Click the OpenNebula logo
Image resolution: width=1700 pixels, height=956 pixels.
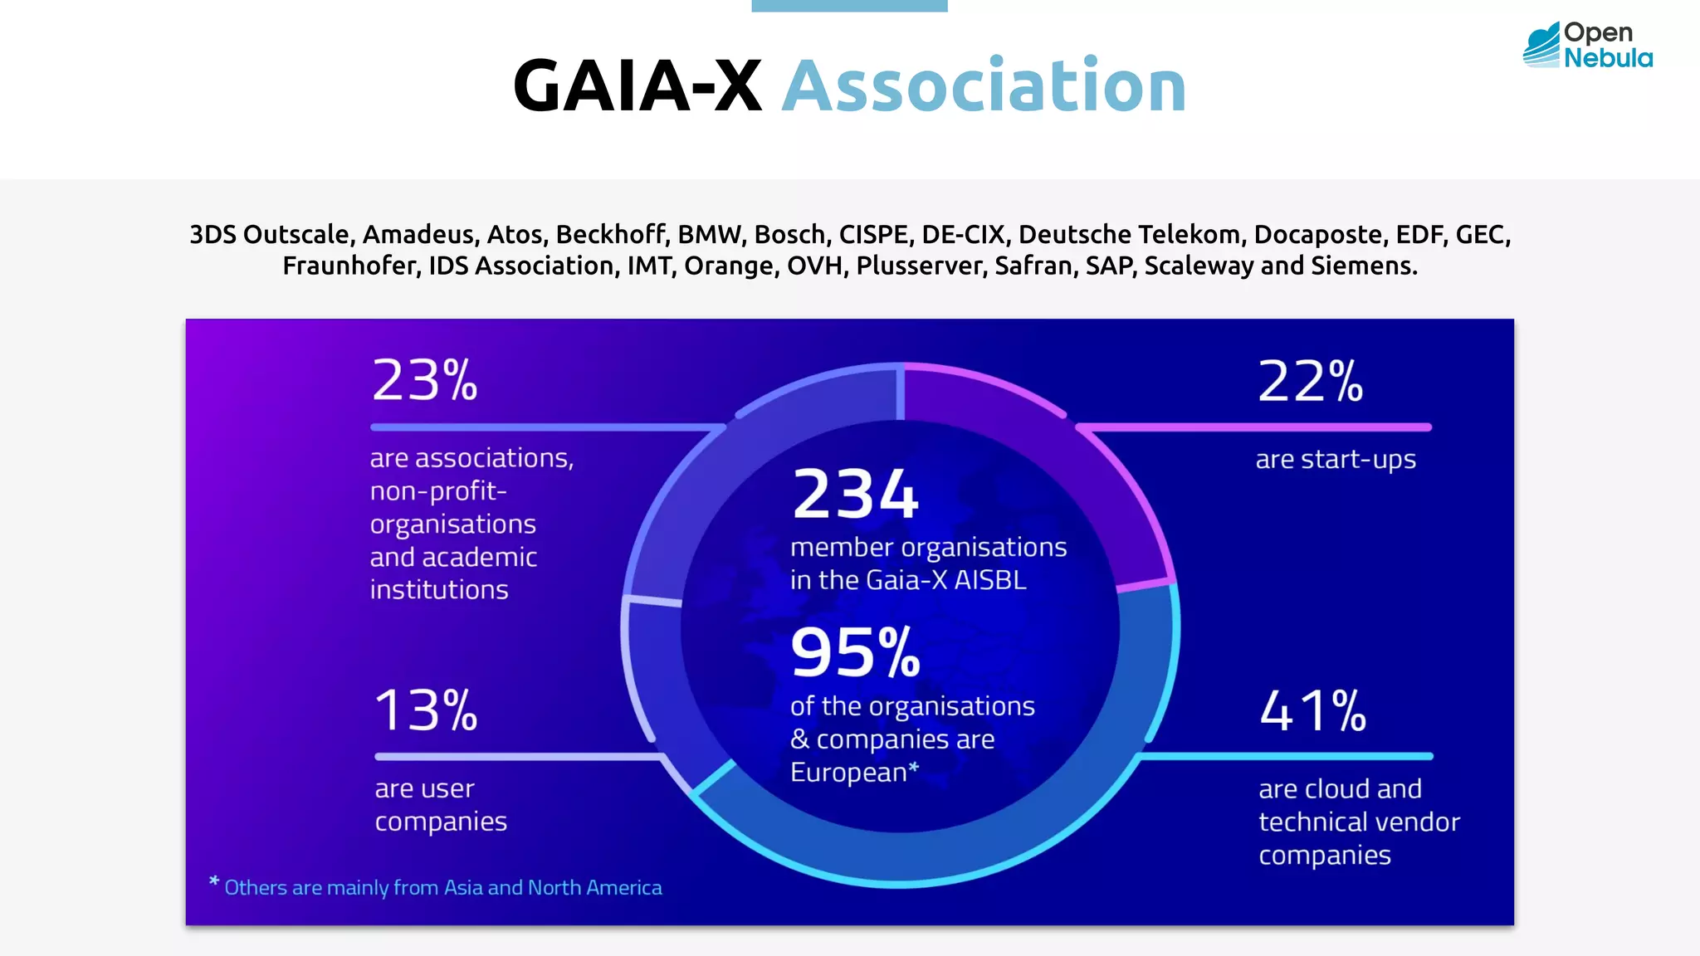click(x=1587, y=45)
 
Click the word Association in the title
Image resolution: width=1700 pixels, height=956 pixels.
click(x=984, y=86)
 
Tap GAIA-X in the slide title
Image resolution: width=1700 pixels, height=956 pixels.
click(x=637, y=86)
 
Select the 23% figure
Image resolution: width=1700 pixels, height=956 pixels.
click(x=424, y=381)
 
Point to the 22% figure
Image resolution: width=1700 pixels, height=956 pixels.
click(x=1310, y=382)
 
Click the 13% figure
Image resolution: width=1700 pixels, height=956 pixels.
click(x=426, y=711)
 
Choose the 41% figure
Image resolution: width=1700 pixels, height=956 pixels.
click(x=1312, y=711)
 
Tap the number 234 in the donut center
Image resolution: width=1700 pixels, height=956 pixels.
click(x=855, y=495)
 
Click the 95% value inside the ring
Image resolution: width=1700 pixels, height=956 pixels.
click(x=855, y=652)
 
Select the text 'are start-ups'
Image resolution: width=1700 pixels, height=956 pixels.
click(x=1335, y=459)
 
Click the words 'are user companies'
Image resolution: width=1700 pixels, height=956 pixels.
click(x=440, y=804)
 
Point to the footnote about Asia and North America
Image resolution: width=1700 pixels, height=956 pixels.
click(x=442, y=887)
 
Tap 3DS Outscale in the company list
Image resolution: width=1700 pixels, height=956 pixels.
click(x=270, y=234)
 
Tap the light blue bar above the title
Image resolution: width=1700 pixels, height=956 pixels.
click(x=849, y=5)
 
